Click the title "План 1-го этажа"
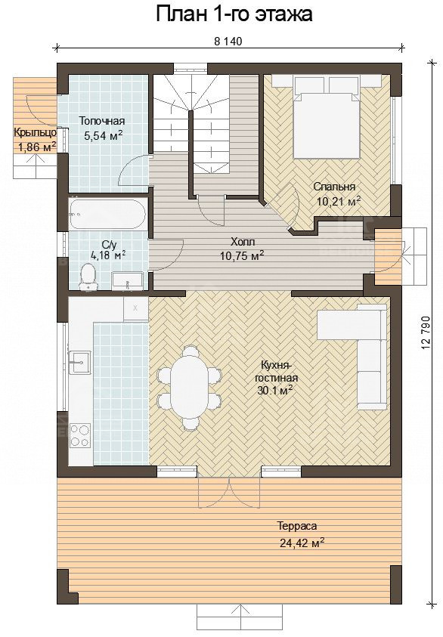[234, 14]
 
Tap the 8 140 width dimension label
[228, 41]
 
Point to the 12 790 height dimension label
[426, 332]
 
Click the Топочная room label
[102, 121]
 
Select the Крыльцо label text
[35, 132]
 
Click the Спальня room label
[334, 187]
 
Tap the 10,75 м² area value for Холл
[243, 255]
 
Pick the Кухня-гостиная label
[277, 371]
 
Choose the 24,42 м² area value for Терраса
[302, 543]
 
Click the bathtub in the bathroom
[107, 214]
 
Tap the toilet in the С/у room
[88, 277]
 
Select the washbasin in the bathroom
[128, 281]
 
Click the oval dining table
[190, 386]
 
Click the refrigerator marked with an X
[136, 308]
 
